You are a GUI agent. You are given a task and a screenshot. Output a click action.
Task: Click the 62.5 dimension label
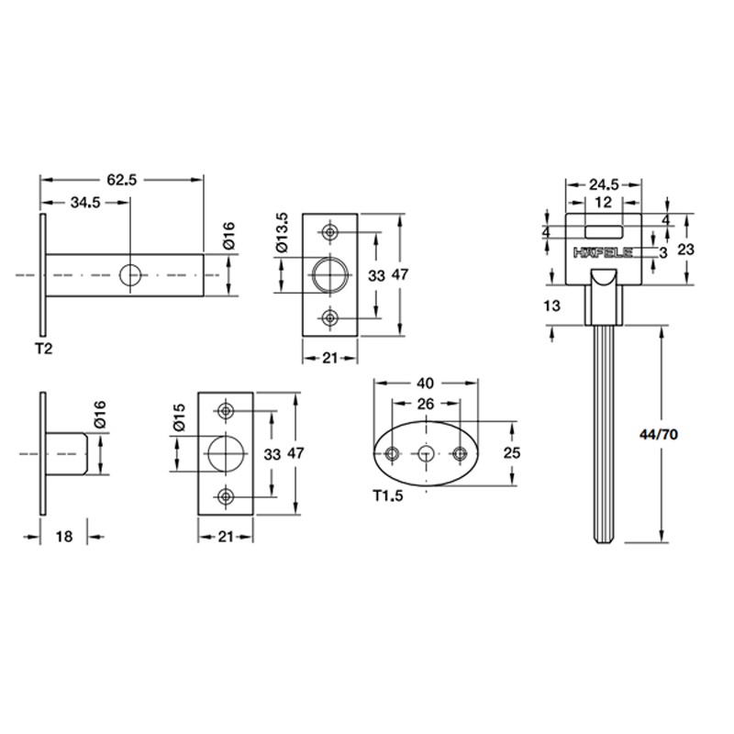coord(121,181)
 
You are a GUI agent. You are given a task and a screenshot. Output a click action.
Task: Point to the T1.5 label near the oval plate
coord(389,495)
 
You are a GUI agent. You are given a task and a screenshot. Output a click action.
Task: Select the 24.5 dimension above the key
coord(603,183)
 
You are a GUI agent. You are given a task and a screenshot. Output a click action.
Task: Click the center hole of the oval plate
coord(427,452)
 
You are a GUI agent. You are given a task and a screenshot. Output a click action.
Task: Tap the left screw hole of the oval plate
coord(393,452)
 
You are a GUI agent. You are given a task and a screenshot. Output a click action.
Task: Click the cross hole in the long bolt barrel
coord(131,274)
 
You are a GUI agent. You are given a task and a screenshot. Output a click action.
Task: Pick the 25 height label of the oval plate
coord(513,451)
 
